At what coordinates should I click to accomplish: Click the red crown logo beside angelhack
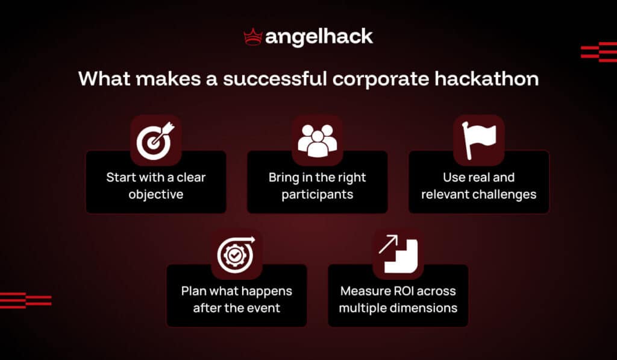[252, 37]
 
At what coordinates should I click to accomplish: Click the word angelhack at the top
[319, 37]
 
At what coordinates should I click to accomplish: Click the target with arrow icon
[155, 140]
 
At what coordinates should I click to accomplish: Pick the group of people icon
[317, 140]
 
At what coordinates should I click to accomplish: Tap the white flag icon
[478, 140]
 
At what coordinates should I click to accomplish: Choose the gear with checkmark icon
[236, 254]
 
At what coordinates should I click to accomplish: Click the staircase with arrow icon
[398, 254]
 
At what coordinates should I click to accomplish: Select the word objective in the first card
[155, 195]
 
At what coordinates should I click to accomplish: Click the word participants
[317, 195]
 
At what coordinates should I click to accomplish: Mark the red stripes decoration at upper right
[598, 52]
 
